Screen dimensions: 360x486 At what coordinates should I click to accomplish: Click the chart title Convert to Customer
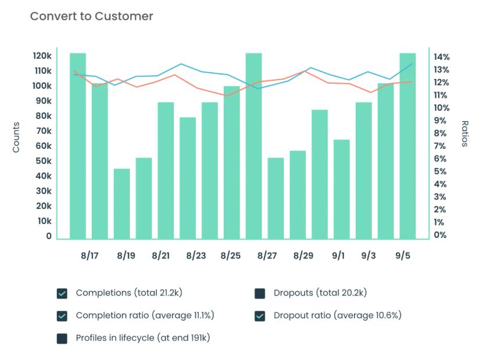(91, 16)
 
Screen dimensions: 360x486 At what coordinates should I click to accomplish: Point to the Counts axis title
(16, 137)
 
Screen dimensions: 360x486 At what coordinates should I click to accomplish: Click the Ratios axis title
(464, 134)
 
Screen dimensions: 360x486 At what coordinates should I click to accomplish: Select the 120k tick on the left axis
(42, 56)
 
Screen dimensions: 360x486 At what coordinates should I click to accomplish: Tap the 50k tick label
(44, 161)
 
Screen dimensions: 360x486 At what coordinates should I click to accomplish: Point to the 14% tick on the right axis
(441, 57)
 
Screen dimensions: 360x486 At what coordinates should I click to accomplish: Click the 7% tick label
(440, 146)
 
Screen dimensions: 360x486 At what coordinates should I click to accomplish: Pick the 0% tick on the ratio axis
(440, 236)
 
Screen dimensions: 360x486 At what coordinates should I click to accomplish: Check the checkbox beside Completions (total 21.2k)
(62, 293)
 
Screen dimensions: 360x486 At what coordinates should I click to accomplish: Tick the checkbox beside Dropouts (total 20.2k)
(260, 293)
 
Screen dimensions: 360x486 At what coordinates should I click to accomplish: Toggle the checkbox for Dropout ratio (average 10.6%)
(260, 316)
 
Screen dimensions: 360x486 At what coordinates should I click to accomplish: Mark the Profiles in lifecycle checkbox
(62, 338)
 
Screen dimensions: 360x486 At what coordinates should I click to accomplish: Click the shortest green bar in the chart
(122, 204)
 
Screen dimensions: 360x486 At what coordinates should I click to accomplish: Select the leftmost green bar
(78, 145)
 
